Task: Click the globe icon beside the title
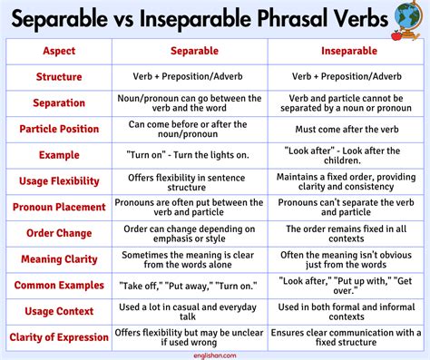406,18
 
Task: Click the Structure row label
59,77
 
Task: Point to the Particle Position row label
59,129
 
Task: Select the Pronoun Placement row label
59,208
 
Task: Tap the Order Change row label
59,233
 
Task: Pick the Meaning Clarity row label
59,259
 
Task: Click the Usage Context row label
59,312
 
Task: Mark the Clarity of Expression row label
59,338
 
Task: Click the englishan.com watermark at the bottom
215,355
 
